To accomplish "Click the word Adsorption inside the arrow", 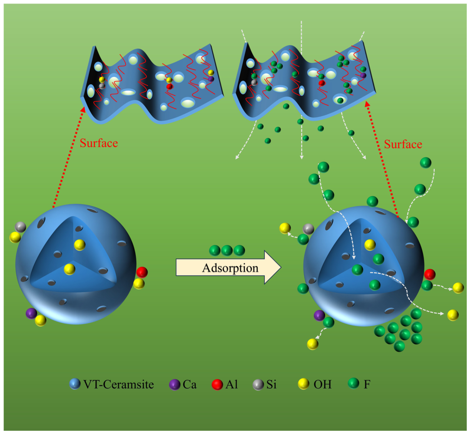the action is pyautogui.click(x=230, y=268).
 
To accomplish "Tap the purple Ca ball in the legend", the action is pyautogui.click(x=175, y=385).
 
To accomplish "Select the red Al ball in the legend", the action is pyautogui.click(x=217, y=385).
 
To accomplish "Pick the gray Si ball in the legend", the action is pyautogui.click(x=258, y=385).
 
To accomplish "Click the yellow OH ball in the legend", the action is pyautogui.click(x=304, y=384).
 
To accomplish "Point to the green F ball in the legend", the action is pyautogui.click(x=354, y=383).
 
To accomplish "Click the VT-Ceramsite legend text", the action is pyautogui.click(x=119, y=385).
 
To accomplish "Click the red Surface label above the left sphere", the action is pyautogui.click(x=99, y=143).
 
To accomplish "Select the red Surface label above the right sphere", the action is pyautogui.click(x=403, y=144).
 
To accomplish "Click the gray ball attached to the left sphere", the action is pyautogui.click(x=20, y=227).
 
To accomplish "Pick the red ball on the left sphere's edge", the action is pyautogui.click(x=142, y=272).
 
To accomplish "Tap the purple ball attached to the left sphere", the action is pyautogui.click(x=32, y=313).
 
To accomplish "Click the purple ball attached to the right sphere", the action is pyautogui.click(x=319, y=316).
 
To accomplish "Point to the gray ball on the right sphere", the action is pyautogui.click(x=308, y=229).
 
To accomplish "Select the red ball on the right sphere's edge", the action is pyautogui.click(x=430, y=274).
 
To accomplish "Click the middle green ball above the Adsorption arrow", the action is pyautogui.click(x=227, y=250).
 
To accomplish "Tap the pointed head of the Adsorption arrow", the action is pyautogui.click(x=281, y=267).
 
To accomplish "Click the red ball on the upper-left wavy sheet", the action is pyautogui.click(x=170, y=86).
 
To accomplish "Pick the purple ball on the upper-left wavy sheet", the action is pyautogui.click(x=211, y=79).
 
